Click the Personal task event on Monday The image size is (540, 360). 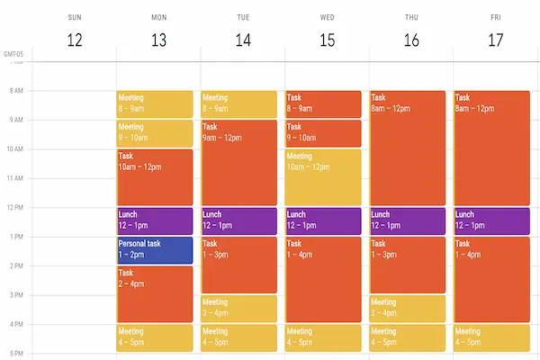pos(154,249)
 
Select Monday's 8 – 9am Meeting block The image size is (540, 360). pos(154,103)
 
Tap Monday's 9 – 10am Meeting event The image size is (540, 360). pos(154,133)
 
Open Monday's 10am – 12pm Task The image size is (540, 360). pos(154,176)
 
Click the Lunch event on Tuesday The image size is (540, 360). pos(238,220)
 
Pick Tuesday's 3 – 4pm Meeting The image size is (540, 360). pos(238,308)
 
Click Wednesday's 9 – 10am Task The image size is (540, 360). pos(323,133)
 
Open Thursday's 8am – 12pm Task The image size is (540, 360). pos(408,148)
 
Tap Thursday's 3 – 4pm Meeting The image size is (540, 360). pos(408,308)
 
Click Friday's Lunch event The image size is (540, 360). pos(492,220)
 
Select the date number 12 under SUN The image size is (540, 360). pos(75,41)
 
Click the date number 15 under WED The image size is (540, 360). pos(328,41)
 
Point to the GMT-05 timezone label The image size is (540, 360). pos(13,55)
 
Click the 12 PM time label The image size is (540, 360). pos(16,208)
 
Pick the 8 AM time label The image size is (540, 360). pos(16,91)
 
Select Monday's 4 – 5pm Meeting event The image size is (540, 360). pos(154,337)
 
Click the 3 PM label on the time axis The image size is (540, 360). pos(16,295)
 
